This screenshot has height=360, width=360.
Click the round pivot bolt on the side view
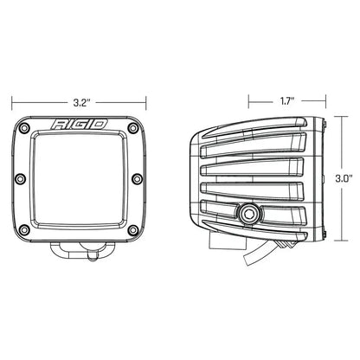click(x=252, y=210)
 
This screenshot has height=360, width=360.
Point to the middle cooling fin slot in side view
click(x=260, y=177)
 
